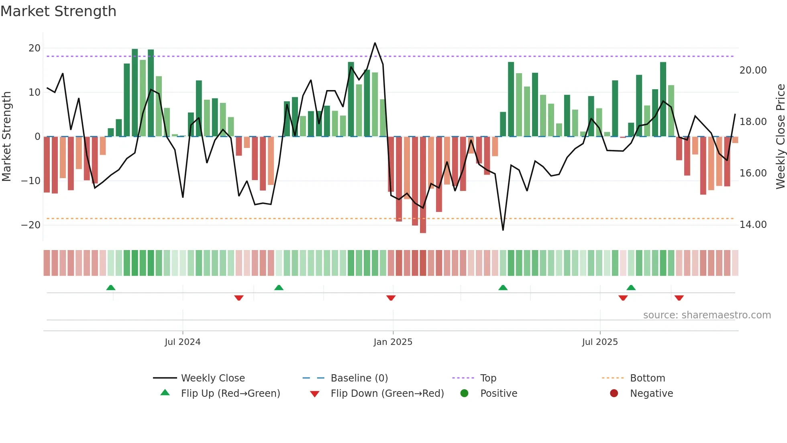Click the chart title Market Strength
(x=58, y=11)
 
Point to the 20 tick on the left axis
(x=35, y=48)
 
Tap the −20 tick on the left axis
(x=31, y=225)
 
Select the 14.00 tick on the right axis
(x=753, y=225)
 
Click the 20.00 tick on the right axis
(x=753, y=70)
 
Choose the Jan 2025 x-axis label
(x=393, y=342)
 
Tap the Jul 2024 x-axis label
(x=182, y=342)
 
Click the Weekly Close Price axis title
(x=780, y=137)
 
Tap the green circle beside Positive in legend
(x=464, y=394)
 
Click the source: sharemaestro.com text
(x=707, y=315)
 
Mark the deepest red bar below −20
(x=423, y=185)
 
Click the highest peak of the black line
(x=375, y=43)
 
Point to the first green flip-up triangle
(x=111, y=287)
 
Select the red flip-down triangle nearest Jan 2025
(x=391, y=298)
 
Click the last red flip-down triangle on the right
(x=679, y=298)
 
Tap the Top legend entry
(x=488, y=378)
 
